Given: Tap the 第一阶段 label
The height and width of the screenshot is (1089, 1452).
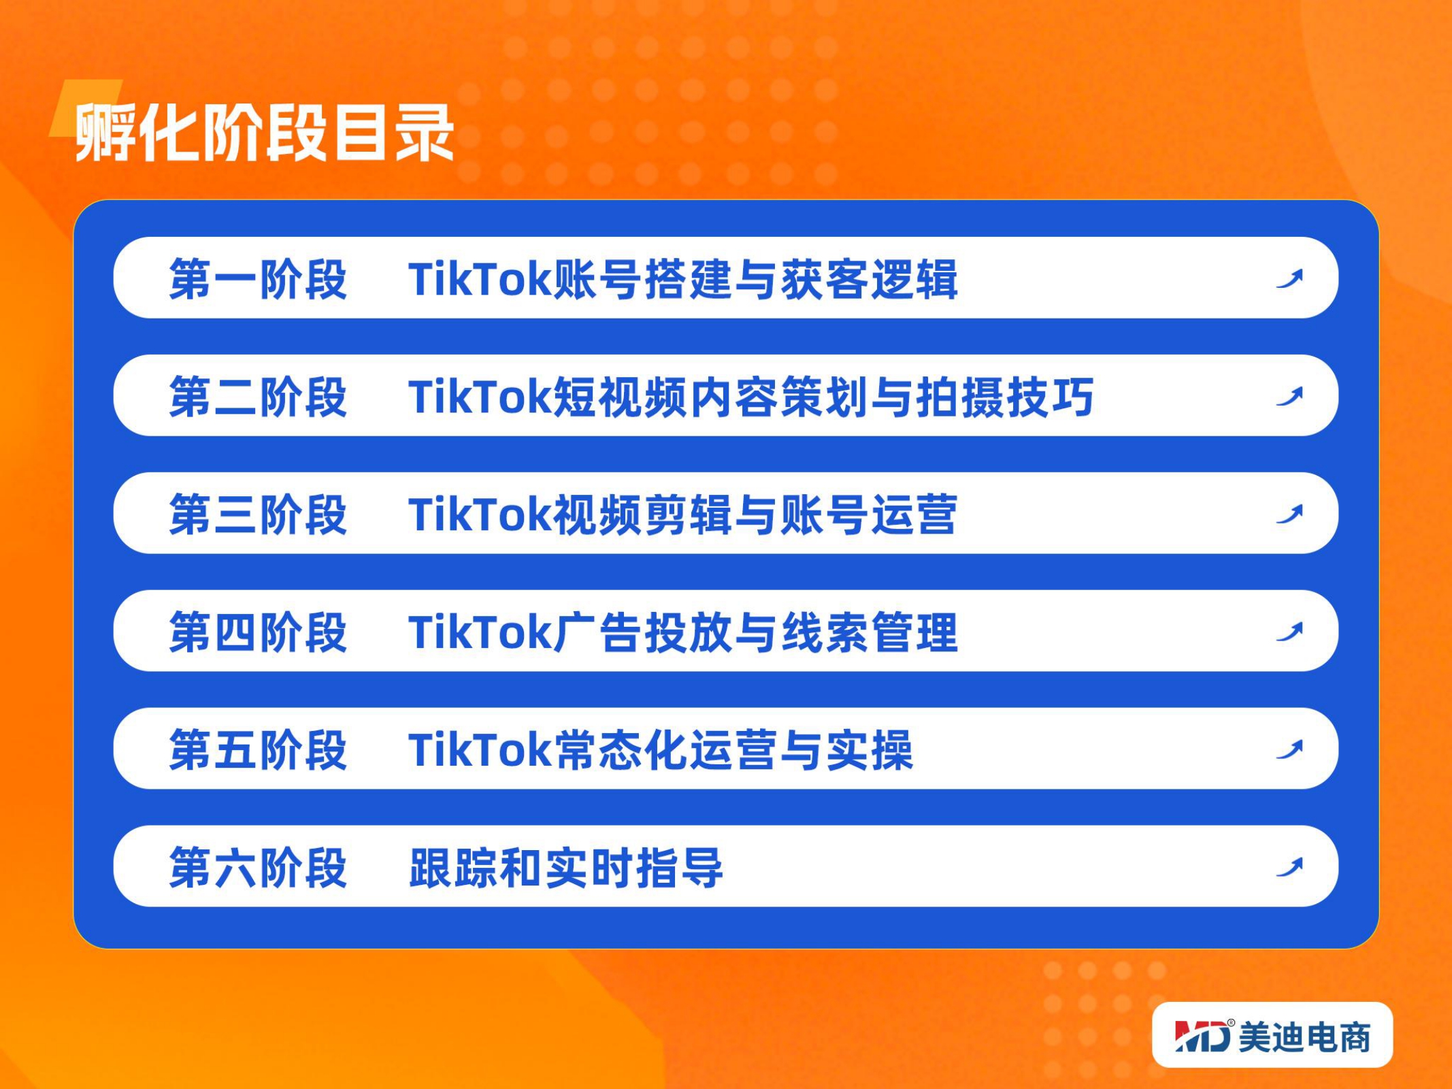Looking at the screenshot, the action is click(258, 279).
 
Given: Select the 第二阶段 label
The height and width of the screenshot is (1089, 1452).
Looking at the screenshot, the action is click(258, 397).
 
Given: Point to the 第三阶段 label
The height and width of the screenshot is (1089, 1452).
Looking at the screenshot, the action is click(258, 515).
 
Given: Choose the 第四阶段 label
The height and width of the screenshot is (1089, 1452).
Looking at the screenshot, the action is click(258, 632).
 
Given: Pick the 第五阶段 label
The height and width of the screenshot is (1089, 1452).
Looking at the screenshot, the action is click(258, 750).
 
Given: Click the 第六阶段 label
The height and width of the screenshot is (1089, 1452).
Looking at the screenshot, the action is click(258, 868).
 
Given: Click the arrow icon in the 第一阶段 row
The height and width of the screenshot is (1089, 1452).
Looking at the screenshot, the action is click(1290, 279).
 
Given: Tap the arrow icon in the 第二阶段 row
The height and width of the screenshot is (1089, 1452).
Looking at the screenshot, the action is click(1290, 397).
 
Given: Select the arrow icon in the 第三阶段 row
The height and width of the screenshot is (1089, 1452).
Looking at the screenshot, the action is click(1290, 515).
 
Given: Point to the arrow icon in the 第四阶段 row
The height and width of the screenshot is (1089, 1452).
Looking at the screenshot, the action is click(1290, 632).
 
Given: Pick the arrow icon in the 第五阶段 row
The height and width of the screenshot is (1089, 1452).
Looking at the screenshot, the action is click(1290, 750).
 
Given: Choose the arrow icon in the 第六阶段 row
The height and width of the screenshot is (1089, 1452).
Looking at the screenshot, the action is click(1290, 868).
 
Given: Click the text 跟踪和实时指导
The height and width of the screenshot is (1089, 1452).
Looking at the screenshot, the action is click(565, 868).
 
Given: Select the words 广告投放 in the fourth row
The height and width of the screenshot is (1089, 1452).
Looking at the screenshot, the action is click(644, 632).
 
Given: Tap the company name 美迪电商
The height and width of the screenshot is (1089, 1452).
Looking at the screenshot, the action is click(1304, 1037).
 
